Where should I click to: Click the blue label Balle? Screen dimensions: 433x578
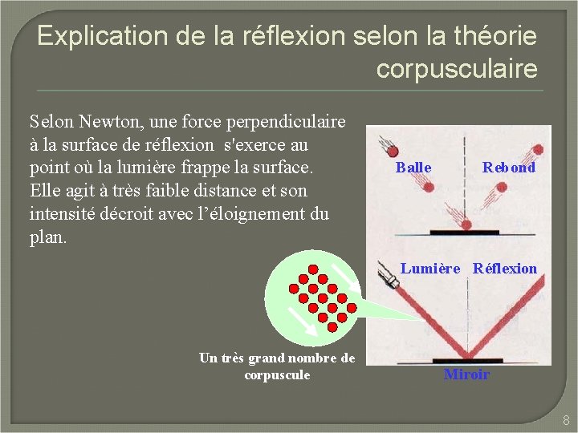413,168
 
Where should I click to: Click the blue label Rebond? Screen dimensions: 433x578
508,168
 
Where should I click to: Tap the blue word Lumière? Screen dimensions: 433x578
430,269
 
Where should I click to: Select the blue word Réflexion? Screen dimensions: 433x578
504,269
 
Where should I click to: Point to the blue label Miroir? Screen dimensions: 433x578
466,374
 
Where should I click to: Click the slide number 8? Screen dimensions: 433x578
565,419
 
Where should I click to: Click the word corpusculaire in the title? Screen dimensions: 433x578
457,69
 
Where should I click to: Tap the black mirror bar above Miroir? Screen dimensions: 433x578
467,361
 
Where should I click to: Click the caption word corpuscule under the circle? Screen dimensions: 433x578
276,375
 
